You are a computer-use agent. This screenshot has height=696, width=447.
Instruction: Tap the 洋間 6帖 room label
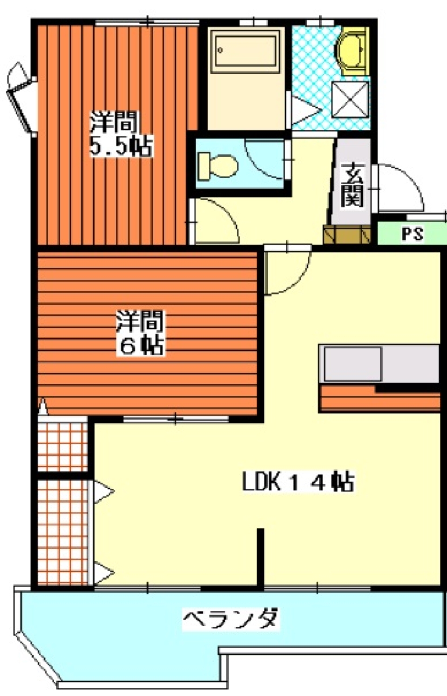(140, 333)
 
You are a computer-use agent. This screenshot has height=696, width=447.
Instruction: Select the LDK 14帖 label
(298, 482)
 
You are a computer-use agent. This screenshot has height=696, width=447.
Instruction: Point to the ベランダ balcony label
(231, 620)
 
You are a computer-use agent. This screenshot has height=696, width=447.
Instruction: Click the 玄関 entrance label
(352, 186)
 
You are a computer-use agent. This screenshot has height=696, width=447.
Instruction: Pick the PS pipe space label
(412, 233)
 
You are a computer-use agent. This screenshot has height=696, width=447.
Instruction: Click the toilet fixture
(217, 166)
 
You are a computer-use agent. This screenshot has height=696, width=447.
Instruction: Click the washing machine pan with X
(350, 99)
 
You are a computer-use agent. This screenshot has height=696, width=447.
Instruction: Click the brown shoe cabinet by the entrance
(347, 234)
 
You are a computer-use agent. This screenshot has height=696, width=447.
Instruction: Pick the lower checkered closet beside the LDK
(62, 531)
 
